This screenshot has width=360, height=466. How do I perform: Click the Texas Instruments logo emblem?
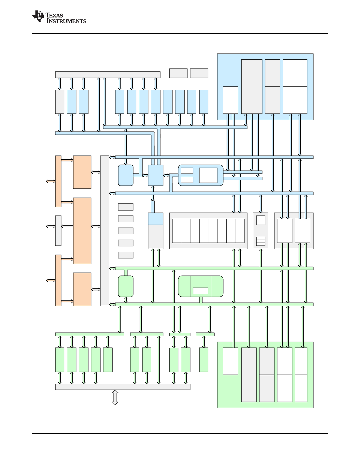38,16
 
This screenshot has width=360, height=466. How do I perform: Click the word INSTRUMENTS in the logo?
66,21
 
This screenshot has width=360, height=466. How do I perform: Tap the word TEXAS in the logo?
54,15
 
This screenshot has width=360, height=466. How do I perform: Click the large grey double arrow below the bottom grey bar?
115,397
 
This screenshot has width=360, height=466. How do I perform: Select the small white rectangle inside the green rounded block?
200,291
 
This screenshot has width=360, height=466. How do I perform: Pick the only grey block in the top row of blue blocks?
60,102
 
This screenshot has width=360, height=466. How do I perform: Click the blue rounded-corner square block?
126,175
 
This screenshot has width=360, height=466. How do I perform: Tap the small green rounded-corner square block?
126,286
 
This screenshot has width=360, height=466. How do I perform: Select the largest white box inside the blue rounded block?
208,175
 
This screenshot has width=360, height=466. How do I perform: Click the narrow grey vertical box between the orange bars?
58,231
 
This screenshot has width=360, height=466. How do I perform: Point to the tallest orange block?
82,231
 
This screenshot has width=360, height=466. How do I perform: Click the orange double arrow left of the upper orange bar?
51,181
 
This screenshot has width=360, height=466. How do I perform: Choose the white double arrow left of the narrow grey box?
51,226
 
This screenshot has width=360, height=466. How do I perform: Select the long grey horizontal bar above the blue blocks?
108,75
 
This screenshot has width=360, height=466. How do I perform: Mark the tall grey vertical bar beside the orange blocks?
105,231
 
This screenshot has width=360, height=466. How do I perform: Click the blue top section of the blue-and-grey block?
156,219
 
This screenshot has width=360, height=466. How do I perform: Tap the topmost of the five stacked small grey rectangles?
126,207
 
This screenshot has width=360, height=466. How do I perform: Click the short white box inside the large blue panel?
231,100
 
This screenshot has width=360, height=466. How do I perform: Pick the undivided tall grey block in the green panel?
249,375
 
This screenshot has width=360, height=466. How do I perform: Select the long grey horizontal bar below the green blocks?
123,387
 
